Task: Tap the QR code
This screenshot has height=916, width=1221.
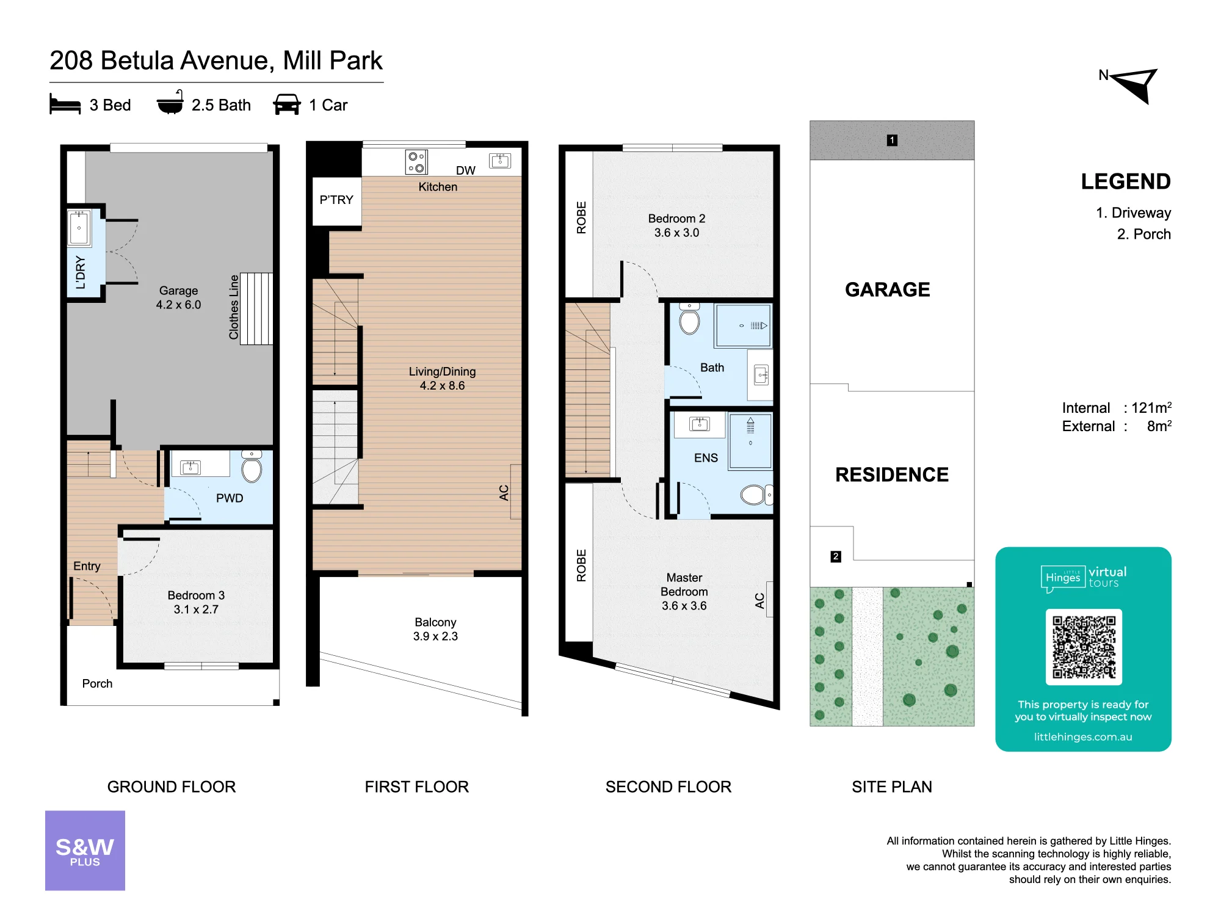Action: tap(1084, 647)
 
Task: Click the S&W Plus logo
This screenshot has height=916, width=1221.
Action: tap(85, 850)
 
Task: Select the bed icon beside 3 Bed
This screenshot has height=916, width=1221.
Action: tap(65, 104)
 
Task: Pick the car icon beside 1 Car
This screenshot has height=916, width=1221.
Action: tap(287, 104)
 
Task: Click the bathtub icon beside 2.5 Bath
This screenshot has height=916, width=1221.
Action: tap(170, 103)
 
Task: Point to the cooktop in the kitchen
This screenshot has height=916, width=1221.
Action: tap(416, 162)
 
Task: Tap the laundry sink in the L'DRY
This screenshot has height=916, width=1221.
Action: tap(79, 228)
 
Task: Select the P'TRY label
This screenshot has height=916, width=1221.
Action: tap(336, 200)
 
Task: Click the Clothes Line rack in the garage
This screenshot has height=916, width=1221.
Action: tap(256, 309)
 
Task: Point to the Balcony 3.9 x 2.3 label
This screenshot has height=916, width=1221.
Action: tap(435, 629)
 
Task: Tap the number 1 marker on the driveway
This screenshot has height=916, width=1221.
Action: tap(892, 140)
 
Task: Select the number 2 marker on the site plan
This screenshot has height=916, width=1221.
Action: tap(836, 556)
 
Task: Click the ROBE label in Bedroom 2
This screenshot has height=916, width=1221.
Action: tap(581, 217)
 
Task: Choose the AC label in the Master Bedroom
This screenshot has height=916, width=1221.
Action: tap(759, 601)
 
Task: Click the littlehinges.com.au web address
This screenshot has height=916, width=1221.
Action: tap(1083, 737)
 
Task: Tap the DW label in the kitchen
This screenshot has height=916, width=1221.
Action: tap(466, 170)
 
